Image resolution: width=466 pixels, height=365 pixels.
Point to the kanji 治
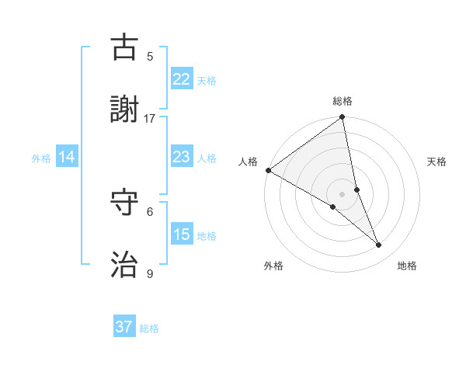[124, 265]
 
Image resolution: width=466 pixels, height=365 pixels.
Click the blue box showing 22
[182, 79]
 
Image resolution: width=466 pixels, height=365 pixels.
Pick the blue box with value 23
[182, 157]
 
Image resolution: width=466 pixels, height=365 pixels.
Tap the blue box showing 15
[182, 235]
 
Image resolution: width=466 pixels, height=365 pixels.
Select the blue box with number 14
[67, 157]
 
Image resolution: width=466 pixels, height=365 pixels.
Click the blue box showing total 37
[124, 327]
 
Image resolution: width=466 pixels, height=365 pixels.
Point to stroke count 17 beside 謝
[150, 118]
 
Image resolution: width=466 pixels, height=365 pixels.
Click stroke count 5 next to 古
[150, 56]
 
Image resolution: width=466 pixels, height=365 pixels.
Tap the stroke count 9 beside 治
[150, 273]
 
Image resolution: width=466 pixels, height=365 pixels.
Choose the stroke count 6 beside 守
[150, 211]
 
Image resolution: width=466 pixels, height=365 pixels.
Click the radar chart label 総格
[343, 101]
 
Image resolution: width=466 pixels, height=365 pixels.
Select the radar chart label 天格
[437, 162]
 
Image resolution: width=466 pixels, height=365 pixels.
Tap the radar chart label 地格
[407, 266]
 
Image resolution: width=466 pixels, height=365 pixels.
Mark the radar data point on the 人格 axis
[268, 170]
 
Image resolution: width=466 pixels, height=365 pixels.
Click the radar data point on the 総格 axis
[343, 118]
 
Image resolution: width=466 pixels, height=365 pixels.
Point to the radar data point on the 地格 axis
[379, 245]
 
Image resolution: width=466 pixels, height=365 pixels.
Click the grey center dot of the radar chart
[343, 193]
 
